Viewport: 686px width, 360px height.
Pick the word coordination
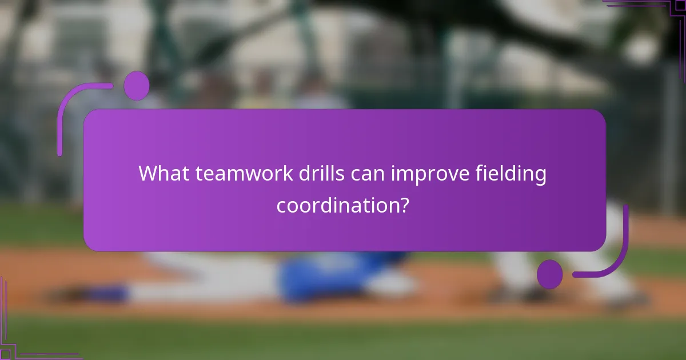(x=337, y=205)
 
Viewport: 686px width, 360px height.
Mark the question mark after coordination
(x=404, y=205)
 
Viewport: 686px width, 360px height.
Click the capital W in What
(x=147, y=174)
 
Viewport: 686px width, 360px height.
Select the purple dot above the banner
(x=136, y=86)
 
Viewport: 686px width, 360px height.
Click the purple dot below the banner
(x=549, y=274)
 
